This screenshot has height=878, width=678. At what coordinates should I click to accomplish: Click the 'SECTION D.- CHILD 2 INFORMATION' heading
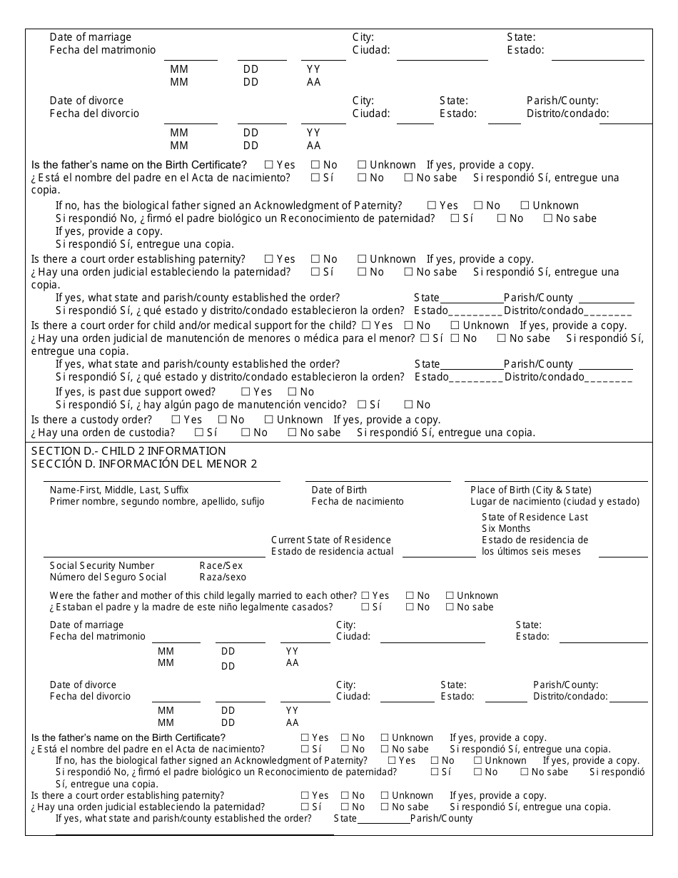tap(128, 451)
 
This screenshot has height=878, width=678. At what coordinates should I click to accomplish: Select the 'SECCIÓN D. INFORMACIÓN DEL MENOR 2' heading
tap(144, 464)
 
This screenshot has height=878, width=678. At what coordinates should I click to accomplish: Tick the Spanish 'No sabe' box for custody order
tap(292, 433)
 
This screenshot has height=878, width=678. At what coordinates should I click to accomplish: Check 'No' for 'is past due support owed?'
tap(292, 392)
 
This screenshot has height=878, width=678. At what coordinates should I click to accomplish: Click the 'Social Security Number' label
tap(92, 565)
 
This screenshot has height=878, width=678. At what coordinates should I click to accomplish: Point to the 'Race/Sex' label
tap(221, 565)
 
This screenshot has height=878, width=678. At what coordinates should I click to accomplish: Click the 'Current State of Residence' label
tap(331, 540)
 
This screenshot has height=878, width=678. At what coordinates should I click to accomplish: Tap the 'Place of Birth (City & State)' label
tap(531, 490)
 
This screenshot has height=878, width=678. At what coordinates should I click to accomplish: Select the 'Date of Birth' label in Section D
tap(339, 490)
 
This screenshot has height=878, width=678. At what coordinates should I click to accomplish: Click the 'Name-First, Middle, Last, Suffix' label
tap(119, 490)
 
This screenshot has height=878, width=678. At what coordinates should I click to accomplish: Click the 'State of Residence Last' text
tap(535, 517)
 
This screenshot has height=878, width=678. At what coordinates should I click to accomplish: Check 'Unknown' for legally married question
tap(450, 595)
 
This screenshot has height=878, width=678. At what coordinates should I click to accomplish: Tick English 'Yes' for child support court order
tap(367, 326)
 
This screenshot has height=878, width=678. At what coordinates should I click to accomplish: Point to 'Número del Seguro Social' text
tap(108, 577)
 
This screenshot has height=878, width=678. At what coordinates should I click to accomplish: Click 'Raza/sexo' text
tap(223, 577)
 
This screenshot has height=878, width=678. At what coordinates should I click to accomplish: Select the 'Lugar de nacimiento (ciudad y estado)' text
tap(555, 501)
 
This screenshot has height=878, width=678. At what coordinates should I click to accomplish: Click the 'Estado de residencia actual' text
tap(332, 551)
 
